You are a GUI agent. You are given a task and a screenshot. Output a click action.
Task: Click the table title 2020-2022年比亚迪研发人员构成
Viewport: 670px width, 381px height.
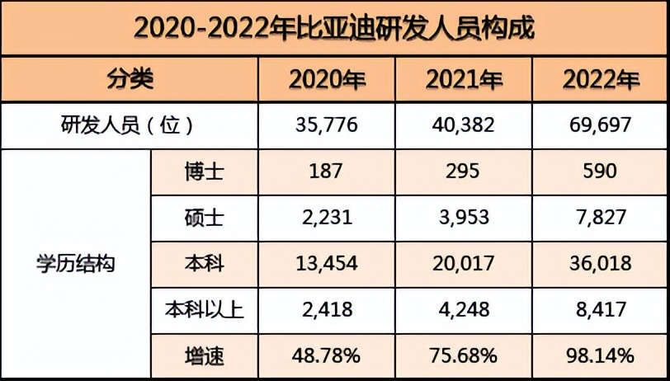(334, 29)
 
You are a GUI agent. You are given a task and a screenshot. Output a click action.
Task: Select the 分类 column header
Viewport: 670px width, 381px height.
(130, 80)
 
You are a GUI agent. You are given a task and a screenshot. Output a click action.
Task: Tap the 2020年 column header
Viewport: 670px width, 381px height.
(328, 80)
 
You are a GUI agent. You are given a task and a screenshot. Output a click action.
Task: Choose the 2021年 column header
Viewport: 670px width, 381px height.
(465, 80)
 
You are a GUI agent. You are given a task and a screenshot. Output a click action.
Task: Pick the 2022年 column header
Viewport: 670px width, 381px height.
(601, 80)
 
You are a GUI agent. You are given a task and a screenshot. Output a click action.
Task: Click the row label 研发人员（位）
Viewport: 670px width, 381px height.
(129, 125)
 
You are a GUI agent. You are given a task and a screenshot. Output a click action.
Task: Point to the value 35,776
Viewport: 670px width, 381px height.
(328, 125)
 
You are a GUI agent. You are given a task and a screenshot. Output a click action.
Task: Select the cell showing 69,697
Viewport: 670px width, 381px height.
(601, 125)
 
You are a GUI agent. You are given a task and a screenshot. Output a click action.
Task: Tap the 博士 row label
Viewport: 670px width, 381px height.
(204, 172)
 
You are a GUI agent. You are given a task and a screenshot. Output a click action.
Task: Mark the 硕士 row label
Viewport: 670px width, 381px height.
(204, 218)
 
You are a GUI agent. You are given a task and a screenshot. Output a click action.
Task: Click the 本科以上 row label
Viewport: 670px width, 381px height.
(204, 310)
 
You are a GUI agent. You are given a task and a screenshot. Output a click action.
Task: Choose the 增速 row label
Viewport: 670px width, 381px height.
(204, 356)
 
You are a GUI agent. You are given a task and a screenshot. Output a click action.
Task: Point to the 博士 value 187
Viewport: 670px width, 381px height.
(328, 172)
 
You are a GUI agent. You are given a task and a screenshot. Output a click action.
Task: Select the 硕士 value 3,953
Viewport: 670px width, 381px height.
(465, 218)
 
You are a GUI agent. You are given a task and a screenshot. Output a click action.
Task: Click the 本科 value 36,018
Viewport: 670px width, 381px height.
(601, 264)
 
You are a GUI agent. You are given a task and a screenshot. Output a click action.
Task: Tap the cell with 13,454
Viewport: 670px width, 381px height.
(328, 264)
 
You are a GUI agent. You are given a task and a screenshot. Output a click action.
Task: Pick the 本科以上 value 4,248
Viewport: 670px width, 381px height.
(465, 310)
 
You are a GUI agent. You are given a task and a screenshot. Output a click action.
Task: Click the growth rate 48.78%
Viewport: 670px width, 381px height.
(328, 356)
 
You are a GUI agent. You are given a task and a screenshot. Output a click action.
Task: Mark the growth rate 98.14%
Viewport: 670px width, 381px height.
(601, 356)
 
